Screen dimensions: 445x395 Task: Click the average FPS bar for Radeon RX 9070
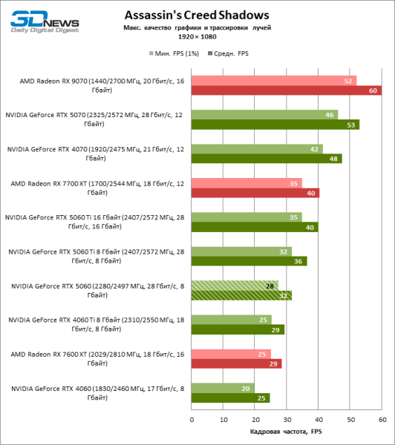[x=286, y=90]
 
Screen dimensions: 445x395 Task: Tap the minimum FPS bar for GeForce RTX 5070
[x=264, y=115]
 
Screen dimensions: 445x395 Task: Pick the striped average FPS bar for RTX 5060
[x=241, y=295]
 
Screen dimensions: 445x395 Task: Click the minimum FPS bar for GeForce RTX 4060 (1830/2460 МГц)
[x=223, y=388]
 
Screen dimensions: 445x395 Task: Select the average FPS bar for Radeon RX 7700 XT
[x=255, y=193]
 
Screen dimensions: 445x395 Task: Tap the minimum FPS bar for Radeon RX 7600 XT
[x=231, y=354]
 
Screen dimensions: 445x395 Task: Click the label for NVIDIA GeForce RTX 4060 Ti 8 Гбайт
[x=96, y=324]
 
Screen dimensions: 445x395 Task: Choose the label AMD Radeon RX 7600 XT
[x=96, y=358]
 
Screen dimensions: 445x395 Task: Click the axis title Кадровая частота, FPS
[x=287, y=432]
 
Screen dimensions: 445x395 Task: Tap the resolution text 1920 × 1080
[x=197, y=36]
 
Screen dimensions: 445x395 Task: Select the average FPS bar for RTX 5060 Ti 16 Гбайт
[x=255, y=227]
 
